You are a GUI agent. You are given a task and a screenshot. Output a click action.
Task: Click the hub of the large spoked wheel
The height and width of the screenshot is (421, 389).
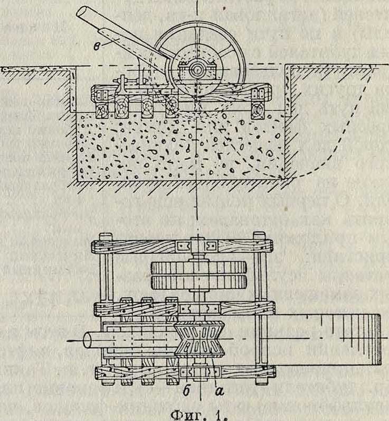pos(202,69)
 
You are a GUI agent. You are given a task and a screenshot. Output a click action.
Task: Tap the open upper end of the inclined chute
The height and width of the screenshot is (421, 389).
pos(84,14)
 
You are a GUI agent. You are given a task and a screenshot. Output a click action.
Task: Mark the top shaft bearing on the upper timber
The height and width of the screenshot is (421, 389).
pos(197,246)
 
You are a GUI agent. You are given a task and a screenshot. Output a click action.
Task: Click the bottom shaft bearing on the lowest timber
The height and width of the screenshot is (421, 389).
pos(197,373)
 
